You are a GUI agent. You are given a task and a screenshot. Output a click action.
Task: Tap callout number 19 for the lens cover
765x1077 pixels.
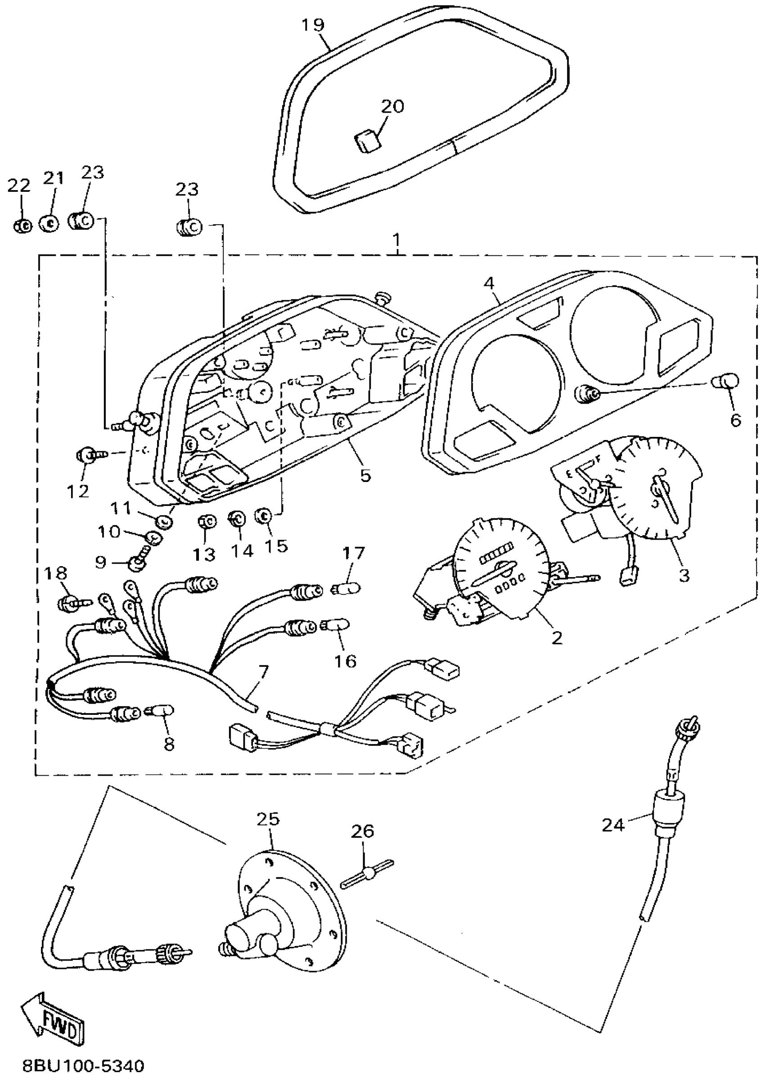pyautogui.click(x=313, y=24)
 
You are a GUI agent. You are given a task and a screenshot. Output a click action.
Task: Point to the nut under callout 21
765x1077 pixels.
pyautogui.click(x=49, y=223)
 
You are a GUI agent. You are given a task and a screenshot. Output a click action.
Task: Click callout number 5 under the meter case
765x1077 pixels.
pyautogui.click(x=365, y=475)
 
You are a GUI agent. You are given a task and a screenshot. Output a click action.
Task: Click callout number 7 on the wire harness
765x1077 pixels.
pyautogui.click(x=263, y=671)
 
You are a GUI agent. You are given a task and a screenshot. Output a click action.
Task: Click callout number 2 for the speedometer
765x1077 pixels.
pyautogui.click(x=557, y=638)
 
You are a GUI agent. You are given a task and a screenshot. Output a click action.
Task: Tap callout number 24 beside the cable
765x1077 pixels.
pyautogui.click(x=613, y=825)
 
